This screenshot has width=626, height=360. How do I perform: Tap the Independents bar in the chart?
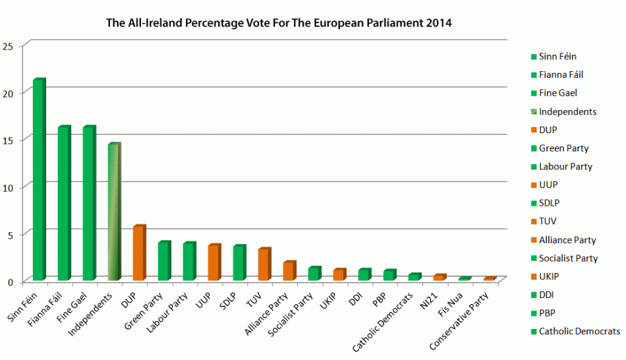point(114,212)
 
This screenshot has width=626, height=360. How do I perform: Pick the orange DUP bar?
point(139,253)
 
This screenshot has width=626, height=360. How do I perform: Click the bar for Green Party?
point(164,261)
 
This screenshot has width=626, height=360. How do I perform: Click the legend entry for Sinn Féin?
point(557,57)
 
